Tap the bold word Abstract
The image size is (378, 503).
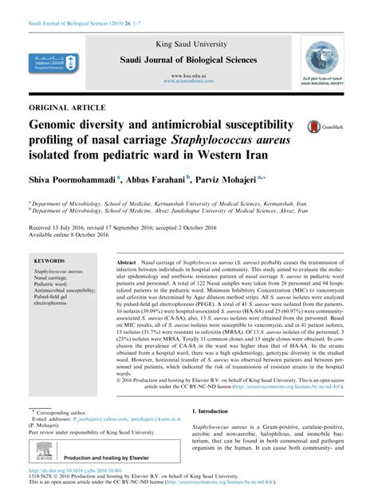pos(128,261)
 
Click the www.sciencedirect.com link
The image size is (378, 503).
pos(188,80)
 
